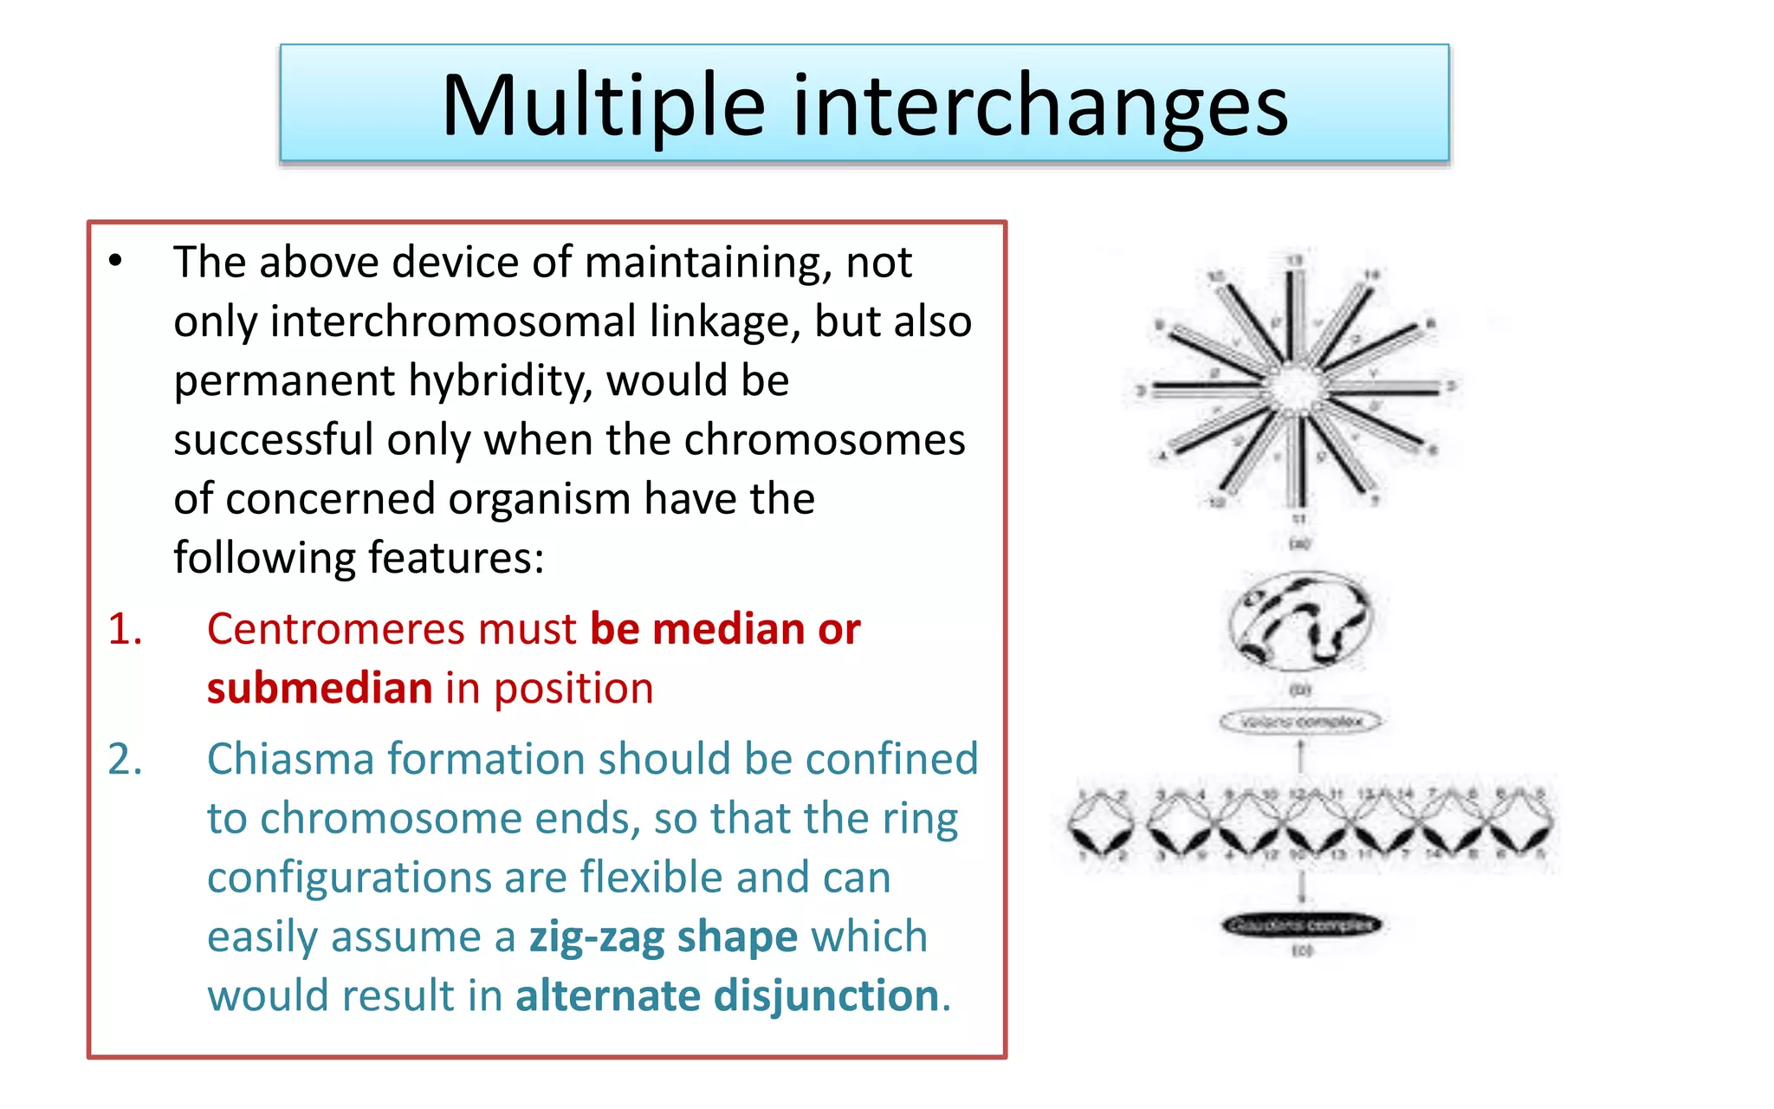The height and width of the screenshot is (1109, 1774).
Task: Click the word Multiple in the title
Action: coord(603,106)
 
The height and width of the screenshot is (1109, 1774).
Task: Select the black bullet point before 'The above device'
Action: coord(116,261)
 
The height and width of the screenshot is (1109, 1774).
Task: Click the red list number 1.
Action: coord(125,629)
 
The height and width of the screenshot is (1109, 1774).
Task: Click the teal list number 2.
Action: coord(125,759)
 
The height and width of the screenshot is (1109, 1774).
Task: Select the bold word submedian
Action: coord(319,689)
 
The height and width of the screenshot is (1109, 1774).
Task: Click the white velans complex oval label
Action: coord(1300,722)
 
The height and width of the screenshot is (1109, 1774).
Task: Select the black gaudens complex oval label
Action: coord(1301,925)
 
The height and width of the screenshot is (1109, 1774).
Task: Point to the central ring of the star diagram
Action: coord(1296,387)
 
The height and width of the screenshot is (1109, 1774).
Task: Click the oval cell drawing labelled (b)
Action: coord(1299,621)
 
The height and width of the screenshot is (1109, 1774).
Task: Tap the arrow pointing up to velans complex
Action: coord(1300,755)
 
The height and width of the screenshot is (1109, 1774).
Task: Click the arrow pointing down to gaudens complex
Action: coord(1301,888)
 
